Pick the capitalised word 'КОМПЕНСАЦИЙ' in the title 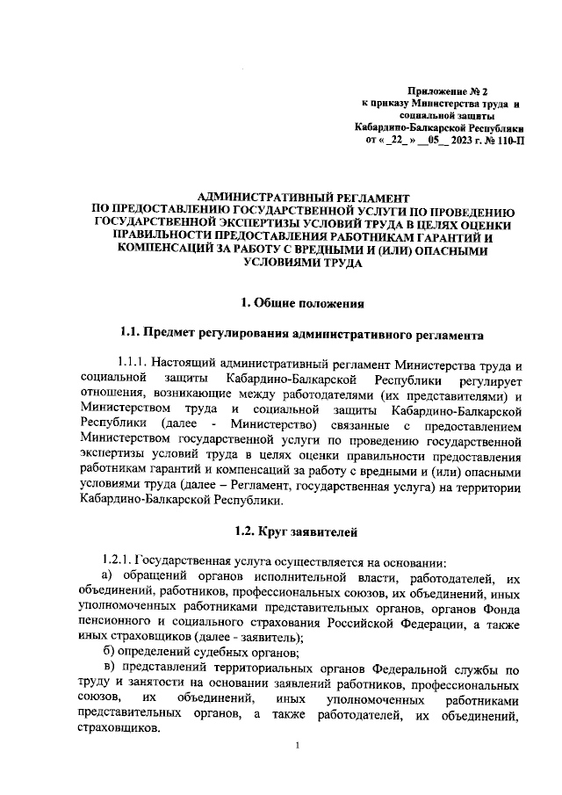(x=162, y=249)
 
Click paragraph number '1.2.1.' (x=117, y=561)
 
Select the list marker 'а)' (x=110, y=575)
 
